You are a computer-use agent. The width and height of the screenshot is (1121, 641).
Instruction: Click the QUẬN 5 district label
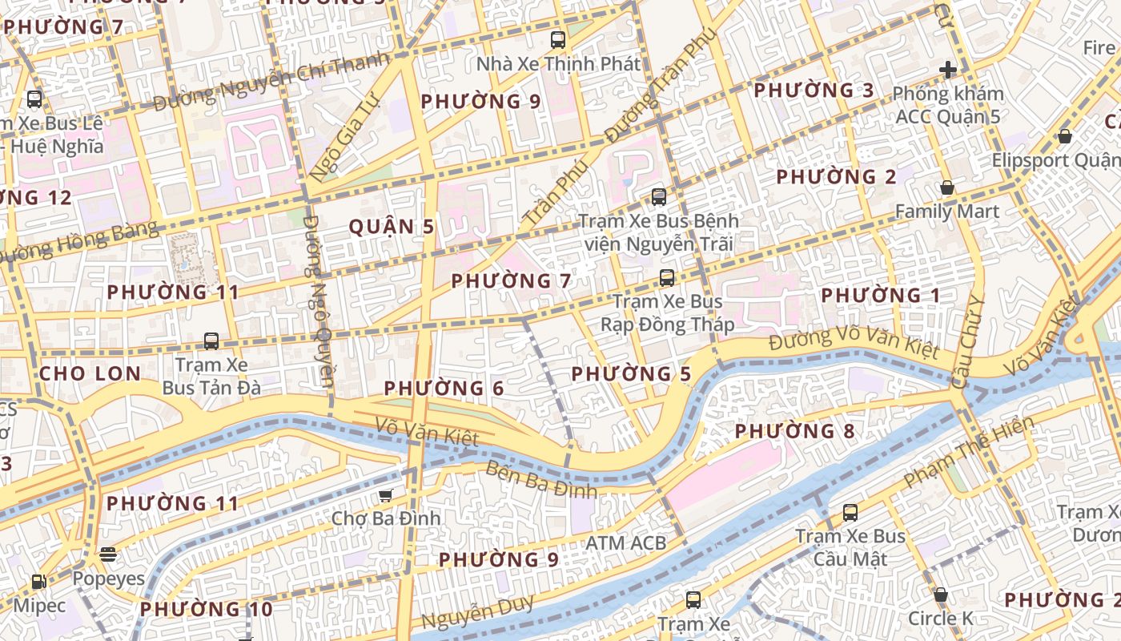(x=392, y=227)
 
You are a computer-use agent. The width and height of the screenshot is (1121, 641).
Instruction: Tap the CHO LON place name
(x=90, y=373)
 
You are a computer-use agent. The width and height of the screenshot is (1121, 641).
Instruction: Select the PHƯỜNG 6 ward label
(x=444, y=389)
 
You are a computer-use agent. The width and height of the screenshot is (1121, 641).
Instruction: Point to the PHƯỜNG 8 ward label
(x=794, y=431)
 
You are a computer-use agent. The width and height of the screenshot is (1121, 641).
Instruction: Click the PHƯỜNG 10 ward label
(x=207, y=610)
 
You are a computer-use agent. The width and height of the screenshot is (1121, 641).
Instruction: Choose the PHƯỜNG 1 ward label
(x=881, y=296)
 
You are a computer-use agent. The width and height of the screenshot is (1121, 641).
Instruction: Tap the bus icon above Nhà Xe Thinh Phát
(x=558, y=39)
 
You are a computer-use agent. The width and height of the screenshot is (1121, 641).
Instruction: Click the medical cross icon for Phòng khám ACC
(x=948, y=70)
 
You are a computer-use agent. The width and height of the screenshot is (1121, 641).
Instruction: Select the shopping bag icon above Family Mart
(x=947, y=187)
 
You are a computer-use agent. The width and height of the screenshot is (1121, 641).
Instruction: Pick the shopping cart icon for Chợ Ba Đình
(x=386, y=495)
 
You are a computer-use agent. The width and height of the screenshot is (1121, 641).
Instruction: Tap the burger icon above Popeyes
(x=108, y=554)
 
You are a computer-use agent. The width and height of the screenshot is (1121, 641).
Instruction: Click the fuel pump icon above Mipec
(x=38, y=582)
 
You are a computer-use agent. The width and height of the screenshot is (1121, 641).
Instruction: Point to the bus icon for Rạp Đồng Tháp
(x=666, y=278)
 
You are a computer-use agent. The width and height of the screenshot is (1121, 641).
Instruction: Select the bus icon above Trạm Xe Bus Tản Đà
(x=211, y=341)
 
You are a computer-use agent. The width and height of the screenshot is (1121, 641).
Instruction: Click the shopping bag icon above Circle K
(x=941, y=595)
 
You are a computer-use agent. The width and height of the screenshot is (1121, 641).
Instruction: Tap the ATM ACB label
(x=625, y=543)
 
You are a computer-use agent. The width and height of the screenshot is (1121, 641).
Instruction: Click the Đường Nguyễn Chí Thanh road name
(x=271, y=81)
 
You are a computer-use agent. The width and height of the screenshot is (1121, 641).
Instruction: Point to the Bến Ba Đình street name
(x=540, y=479)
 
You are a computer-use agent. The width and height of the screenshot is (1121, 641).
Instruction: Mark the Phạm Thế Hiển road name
(x=968, y=452)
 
